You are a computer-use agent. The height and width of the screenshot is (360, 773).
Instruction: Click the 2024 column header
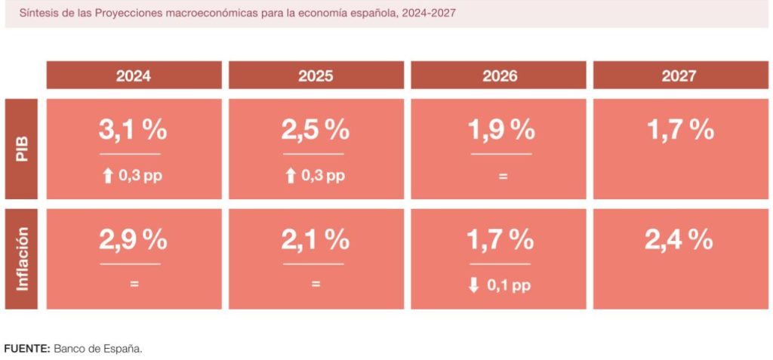tap(134, 75)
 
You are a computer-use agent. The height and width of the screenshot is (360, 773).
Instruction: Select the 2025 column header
tap(316, 75)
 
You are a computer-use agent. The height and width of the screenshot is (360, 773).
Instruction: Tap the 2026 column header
tap(498, 75)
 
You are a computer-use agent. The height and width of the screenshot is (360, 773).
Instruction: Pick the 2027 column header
tap(679, 75)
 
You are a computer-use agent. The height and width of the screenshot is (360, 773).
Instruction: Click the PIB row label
tap(21, 149)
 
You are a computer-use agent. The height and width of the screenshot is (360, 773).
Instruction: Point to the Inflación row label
tap(21, 259)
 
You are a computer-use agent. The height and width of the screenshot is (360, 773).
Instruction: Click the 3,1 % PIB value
tap(133, 130)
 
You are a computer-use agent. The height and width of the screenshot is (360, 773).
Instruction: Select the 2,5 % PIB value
tap(315, 130)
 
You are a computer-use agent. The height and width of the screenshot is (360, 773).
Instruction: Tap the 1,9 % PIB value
tap(501, 130)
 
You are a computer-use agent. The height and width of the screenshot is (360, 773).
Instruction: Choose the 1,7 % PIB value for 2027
tap(680, 130)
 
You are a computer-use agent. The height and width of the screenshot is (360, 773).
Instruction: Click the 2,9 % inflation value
tap(133, 240)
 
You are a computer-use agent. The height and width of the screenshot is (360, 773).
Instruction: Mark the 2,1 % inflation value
tap(315, 240)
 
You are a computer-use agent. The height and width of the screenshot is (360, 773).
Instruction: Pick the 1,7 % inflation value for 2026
tap(500, 240)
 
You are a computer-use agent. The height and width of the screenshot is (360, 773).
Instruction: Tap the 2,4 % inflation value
tap(679, 240)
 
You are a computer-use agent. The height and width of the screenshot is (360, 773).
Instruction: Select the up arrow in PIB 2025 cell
tap(291, 177)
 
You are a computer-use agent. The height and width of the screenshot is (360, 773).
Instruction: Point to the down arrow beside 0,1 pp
tap(474, 286)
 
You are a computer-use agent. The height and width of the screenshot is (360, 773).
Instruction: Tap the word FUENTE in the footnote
tap(26, 348)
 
